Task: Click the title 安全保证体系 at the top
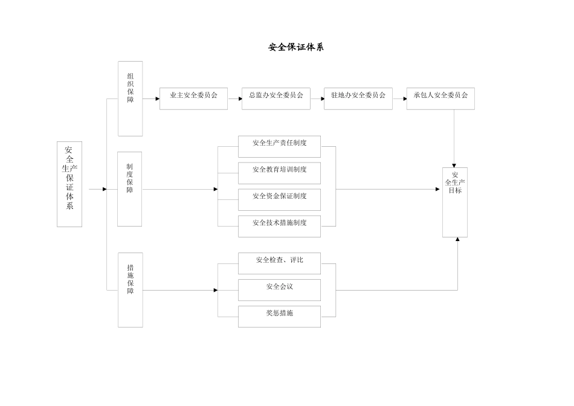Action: tap(296, 47)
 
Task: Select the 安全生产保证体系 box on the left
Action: tap(69, 184)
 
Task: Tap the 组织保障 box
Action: tap(130, 98)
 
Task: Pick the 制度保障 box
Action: tap(129, 188)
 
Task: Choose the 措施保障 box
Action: tap(130, 289)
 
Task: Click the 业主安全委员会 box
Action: tap(193, 98)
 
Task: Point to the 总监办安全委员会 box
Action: tap(276, 98)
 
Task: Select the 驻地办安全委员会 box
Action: tap(358, 98)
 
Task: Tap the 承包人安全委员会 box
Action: tap(440, 98)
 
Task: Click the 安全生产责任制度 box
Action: tap(279, 146)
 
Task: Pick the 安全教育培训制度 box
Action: tap(279, 173)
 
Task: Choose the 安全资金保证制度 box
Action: tap(279, 199)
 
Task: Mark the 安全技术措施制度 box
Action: tap(279, 226)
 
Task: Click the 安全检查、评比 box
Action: tap(279, 263)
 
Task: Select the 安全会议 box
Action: tap(279, 289)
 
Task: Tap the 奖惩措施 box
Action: tap(279, 316)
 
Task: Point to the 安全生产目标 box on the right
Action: tap(454, 202)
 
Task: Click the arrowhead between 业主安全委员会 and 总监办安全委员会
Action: tap(239, 98)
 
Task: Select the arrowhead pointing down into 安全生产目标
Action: tap(454, 164)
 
